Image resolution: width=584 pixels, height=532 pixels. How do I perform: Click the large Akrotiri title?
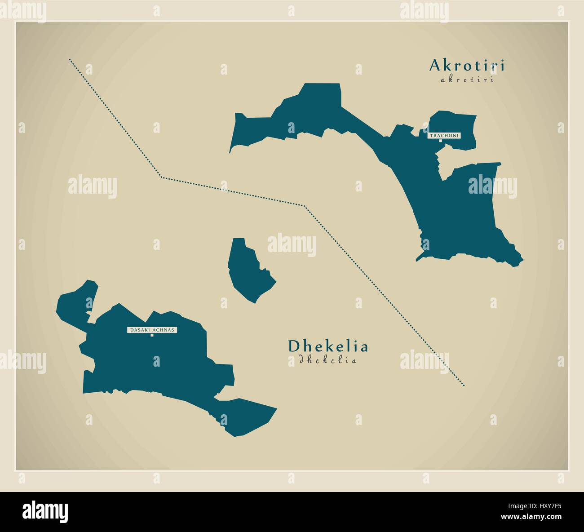click(467, 66)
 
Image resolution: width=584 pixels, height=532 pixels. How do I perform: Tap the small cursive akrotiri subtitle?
click(467, 80)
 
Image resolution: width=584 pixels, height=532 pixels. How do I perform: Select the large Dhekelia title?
click(328, 346)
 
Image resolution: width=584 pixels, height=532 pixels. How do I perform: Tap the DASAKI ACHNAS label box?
click(152, 330)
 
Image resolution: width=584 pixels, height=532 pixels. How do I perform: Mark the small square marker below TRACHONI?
click(441, 141)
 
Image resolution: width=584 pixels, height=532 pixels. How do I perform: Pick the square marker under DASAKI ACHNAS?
click(152, 335)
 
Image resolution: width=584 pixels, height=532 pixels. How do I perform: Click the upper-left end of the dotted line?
click(70, 59)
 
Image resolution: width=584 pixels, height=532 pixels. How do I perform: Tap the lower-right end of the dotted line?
click(464, 386)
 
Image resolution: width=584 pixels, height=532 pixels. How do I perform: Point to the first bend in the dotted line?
click(162, 177)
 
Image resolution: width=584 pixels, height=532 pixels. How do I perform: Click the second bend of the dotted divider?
click(304, 206)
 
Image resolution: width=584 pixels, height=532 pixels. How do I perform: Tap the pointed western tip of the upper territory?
click(230, 152)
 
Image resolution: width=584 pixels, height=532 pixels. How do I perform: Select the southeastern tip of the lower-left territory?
click(275, 408)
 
